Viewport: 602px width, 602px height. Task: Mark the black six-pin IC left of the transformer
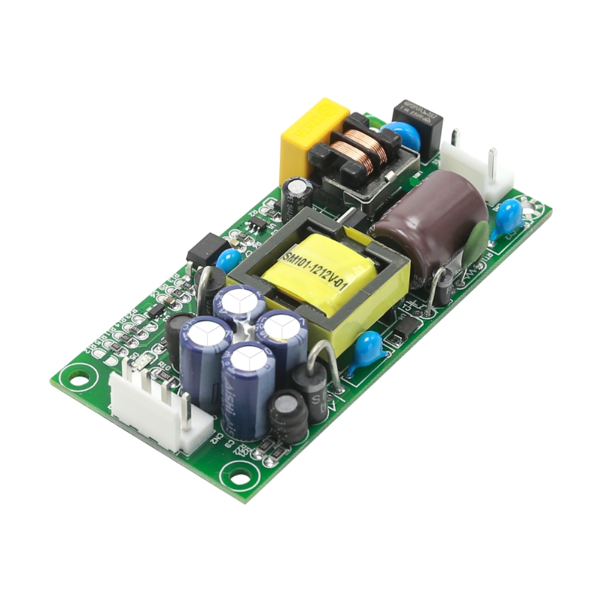tap(207, 248)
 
